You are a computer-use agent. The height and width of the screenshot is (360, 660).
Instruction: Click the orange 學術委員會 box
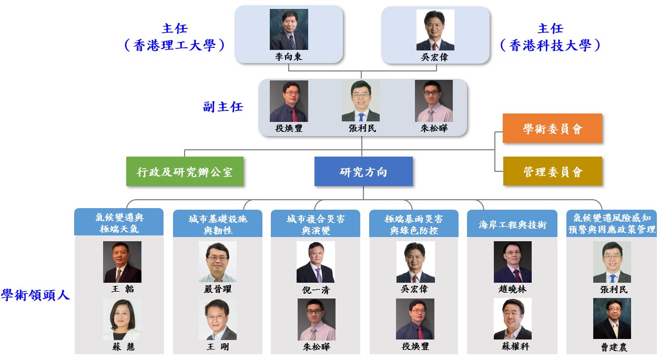pyautogui.click(x=552, y=128)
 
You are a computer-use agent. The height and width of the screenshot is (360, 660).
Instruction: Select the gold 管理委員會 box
pyautogui.click(x=552, y=171)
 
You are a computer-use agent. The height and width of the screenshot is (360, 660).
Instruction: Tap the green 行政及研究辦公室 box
pyautogui.click(x=185, y=172)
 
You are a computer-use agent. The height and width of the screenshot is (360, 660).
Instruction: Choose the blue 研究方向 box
pyautogui.click(x=363, y=171)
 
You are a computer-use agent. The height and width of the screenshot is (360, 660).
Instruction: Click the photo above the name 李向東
pyautogui.click(x=289, y=29)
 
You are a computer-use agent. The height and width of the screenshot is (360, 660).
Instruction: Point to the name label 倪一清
pyautogui.click(x=316, y=290)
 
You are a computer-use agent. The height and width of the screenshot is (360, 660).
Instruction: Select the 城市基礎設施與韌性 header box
pyautogui.click(x=218, y=224)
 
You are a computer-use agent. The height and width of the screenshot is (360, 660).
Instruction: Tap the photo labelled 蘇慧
pyautogui.click(x=122, y=319)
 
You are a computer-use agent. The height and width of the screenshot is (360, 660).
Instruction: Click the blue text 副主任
pyautogui.click(x=223, y=107)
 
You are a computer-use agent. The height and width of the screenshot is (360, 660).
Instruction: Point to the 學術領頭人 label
pyautogui.click(x=35, y=295)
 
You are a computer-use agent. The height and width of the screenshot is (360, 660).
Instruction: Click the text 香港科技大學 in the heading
pyautogui.click(x=550, y=46)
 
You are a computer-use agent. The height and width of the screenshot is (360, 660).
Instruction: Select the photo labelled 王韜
pyautogui.click(x=122, y=262)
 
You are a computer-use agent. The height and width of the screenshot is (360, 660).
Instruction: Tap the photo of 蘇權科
pyautogui.click(x=512, y=318)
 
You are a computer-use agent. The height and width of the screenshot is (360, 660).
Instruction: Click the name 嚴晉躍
pyautogui.click(x=217, y=289)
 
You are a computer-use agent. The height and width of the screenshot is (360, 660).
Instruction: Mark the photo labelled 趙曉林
pyautogui.click(x=512, y=262)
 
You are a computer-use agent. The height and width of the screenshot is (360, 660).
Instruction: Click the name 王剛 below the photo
pyautogui.click(x=217, y=347)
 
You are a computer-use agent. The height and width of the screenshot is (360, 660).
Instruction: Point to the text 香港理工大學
pyautogui.click(x=175, y=46)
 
